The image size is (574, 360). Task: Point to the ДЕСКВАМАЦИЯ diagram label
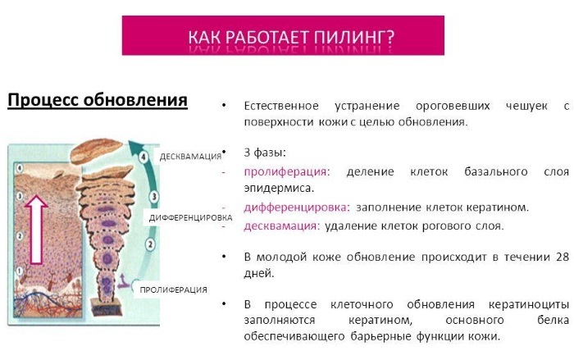tap(191, 156)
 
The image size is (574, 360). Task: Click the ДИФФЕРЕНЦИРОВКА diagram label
tap(189, 218)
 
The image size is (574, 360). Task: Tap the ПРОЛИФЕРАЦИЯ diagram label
tap(173, 289)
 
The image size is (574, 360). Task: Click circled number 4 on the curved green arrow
tap(143, 155)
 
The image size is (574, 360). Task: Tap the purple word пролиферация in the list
tap(285, 171)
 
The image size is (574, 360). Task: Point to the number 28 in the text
tap(562, 257)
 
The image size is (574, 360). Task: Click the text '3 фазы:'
tap(265, 153)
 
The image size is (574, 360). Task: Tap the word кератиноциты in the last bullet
tap(524, 303)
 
